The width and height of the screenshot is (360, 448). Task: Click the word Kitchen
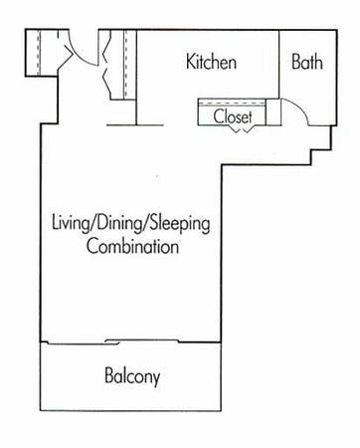(x=212, y=63)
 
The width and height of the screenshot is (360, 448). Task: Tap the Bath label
(x=306, y=62)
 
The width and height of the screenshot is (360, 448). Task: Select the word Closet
(x=233, y=116)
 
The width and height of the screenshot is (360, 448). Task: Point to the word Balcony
(x=132, y=377)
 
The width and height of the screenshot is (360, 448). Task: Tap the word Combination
(x=132, y=246)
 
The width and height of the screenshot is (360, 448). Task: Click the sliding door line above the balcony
(x=129, y=342)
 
